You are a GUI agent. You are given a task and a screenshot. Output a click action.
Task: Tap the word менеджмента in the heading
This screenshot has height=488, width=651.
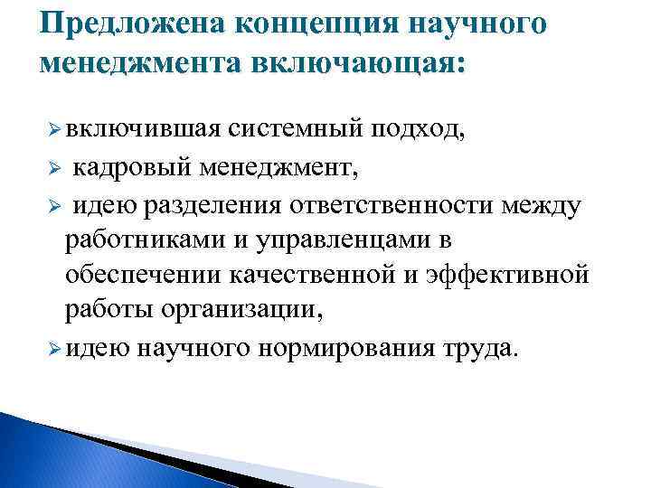tap(137, 62)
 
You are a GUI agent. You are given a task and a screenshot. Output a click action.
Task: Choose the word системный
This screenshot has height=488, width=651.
tap(297, 133)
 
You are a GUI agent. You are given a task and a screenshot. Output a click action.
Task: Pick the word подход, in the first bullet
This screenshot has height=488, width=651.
tap(418, 133)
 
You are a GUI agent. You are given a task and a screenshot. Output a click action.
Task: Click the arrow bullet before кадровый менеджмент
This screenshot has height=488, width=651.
tap(53, 170)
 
